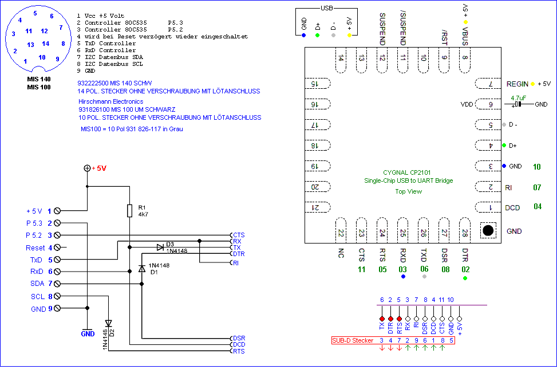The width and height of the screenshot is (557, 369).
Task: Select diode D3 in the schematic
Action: (160, 247)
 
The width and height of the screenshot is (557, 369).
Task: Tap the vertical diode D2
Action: (109, 324)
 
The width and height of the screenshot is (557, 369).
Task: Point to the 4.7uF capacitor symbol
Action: (518, 104)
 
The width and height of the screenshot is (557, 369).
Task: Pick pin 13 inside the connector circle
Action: (30, 44)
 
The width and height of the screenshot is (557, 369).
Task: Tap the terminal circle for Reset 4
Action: (57, 248)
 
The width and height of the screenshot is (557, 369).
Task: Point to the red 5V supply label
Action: (101, 168)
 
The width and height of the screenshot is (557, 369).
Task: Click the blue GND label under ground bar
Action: (88, 333)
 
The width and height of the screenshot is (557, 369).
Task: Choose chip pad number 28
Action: (464, 233)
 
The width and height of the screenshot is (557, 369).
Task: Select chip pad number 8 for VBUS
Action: (464, 57)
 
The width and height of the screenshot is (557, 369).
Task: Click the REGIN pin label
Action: (518, 84)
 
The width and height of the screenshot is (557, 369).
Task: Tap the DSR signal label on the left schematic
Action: (239, 339)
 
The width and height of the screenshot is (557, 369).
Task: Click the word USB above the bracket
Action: (326, 8)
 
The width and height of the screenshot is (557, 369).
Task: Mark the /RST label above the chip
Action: (444, 38)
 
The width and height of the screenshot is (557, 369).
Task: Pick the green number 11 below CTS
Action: (361, 269)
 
